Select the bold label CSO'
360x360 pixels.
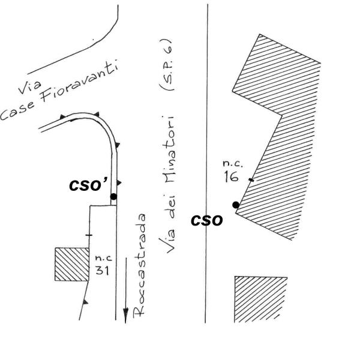click(x=88, y=184)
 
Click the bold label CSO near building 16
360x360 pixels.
click(x=208, y=220)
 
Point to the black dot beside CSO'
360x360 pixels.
click(x=113, y=196)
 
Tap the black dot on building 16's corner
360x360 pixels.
click(x=236, y=205)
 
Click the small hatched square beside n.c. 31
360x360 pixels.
click(x=67, y=265)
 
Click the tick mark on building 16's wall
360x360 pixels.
click(x=251, y=179)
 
